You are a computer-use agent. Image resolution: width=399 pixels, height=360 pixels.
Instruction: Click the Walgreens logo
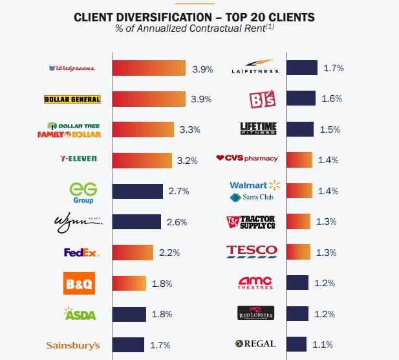point(72,68)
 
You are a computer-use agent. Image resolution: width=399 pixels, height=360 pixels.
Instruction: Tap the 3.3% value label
point(190,129)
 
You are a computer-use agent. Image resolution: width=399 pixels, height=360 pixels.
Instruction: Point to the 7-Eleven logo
point(80,159)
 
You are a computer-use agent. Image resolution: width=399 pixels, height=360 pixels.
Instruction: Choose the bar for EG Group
point(137,191)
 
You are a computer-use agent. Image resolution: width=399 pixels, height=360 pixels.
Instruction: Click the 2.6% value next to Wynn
point(177,221)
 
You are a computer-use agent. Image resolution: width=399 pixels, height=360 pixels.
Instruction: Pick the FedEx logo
point(81,252)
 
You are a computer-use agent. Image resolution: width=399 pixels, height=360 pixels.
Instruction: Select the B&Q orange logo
point(81,283)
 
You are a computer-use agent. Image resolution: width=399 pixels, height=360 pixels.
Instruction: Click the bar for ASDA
point(129,314)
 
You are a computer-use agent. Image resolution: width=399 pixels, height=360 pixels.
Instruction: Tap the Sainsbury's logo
point(73,345)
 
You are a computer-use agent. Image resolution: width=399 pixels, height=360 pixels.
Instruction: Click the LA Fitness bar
point(301,68)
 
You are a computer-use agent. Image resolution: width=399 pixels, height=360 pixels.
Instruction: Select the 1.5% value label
point(329,129)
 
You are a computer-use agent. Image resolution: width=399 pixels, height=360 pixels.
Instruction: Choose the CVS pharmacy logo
point(247,158)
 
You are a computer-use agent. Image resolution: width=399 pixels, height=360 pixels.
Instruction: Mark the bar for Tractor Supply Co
point(298,221)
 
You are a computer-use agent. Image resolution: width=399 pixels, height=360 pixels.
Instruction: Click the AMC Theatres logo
point(255,283)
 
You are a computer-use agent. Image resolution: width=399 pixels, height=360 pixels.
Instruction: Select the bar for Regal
point(296,344)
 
